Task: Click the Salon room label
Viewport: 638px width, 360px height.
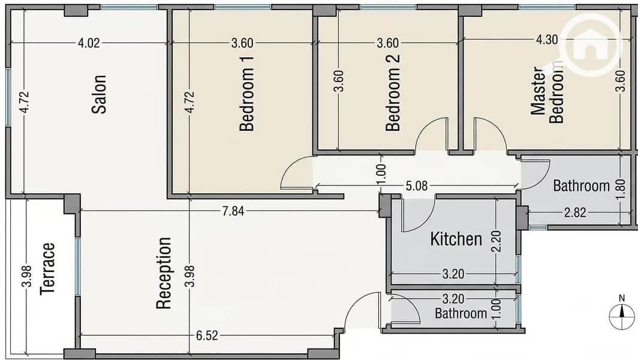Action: pyautogui.click(x=99, y=94)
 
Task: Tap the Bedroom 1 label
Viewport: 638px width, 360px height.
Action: pyautogui.click(x=246, y=94)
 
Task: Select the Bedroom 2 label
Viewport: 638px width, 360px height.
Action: pyautogui.click(x=393, y=93)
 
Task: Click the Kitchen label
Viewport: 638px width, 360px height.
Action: pyautogui.click(x=456, y=239)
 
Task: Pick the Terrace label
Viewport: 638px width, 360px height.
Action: pyautogui.click(x=47, y=269)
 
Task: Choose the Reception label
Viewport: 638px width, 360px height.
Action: pyautogui.click(x=164, y=273)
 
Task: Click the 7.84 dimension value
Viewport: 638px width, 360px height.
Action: pyautogui.click(x=233, y=211)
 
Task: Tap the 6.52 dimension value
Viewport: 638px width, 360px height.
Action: pyautogui.click(x=207, y=335)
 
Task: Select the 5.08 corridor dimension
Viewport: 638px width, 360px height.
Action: pyautogui.click(x=417, y=186)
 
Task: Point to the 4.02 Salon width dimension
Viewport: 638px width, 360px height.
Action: pyautogui.click(x=89, y=43)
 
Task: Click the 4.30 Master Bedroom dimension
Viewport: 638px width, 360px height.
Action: pyautogui.click(x=547, y=40)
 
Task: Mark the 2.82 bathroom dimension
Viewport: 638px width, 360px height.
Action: pyautogui.click(x=576, y=212)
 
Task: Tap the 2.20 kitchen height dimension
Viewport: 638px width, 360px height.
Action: pyautogui.click(x=496, y=241)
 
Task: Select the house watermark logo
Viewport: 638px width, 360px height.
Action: pyautogui.click(x=590, y=45)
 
